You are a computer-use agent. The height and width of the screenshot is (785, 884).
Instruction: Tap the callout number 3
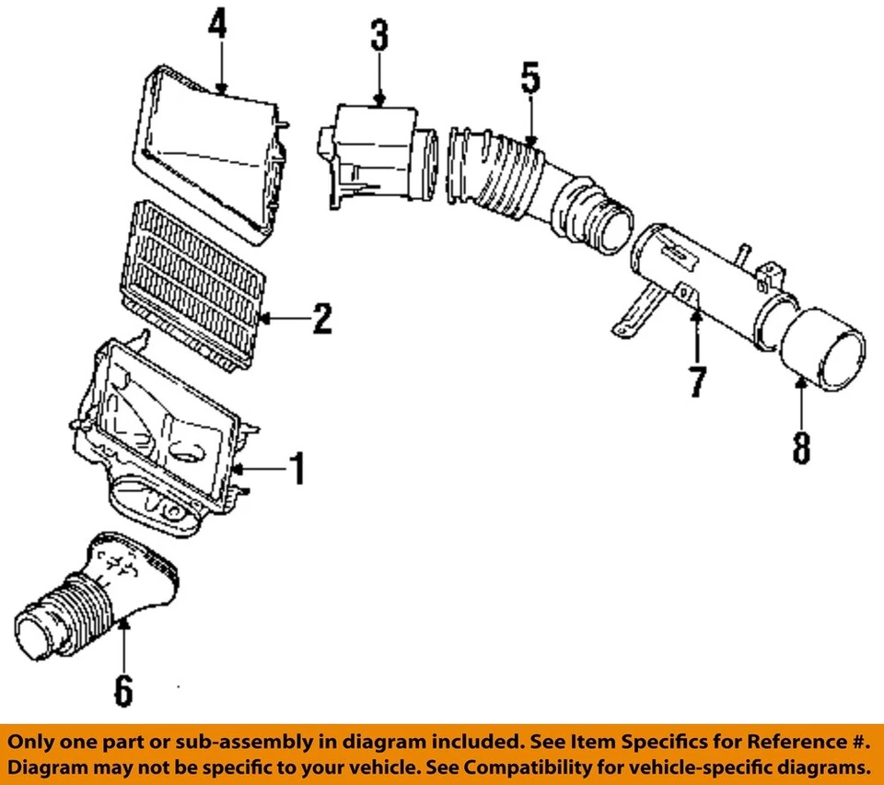coord(378,38)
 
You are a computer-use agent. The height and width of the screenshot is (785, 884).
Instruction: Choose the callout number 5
coord(530,76)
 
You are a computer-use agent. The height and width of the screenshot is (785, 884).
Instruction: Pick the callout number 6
coord(122,688)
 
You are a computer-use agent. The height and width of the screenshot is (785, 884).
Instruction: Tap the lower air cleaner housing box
coord(166,433)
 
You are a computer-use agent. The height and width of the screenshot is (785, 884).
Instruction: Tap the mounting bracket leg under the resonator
coord(635,313)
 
